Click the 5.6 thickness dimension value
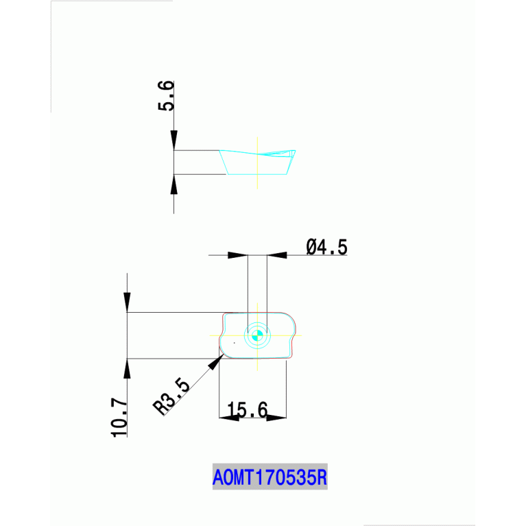[x=166, y=96]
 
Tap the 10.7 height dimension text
[x=119, y=418]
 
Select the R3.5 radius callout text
[x=171, y=396]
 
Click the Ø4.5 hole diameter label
[x=327, y=247]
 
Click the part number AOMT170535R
[x=270, y=476]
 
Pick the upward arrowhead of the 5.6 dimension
[x=174, y=184]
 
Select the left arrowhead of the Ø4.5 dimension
[x=237, y=255]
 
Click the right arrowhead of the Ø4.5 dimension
[x=277, y=255]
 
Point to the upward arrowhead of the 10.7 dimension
[x=127, y=368]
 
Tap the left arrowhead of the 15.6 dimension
[x=229, y=417]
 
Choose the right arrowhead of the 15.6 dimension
[x=276, y=417]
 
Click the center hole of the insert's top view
[x=258, y=335]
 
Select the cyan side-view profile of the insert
[x=258, y=163]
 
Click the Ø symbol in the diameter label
[x=311, y=247]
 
